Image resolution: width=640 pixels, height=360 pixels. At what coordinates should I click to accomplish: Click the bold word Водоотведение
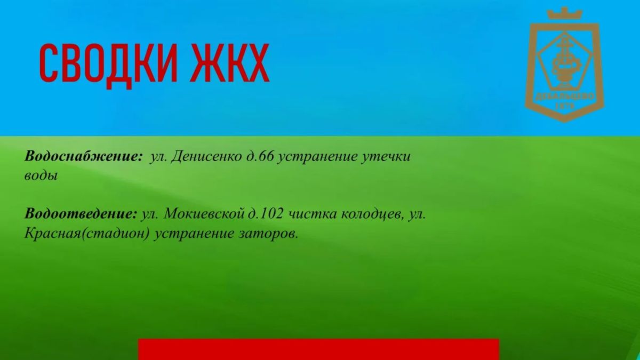coord(81,214)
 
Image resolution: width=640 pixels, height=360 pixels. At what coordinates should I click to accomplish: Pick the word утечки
coord(386,157)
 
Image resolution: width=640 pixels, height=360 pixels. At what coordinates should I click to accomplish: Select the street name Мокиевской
coord(204,214)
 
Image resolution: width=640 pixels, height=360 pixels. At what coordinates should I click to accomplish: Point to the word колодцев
coord(373,215)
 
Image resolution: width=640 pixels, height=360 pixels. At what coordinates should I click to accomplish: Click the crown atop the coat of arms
coord(564,13)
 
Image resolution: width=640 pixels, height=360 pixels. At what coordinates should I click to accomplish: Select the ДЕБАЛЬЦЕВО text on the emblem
coord(564,97)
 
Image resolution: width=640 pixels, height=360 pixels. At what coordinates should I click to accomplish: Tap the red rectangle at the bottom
coord(318,349)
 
